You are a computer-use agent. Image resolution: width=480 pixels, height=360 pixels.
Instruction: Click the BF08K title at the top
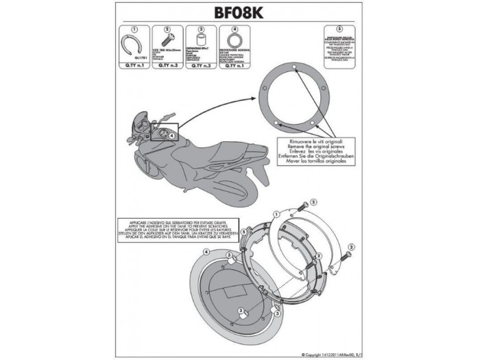click(x=240, y=13)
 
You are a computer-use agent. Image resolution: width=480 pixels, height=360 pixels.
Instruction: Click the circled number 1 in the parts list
click(x=134, y=29)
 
